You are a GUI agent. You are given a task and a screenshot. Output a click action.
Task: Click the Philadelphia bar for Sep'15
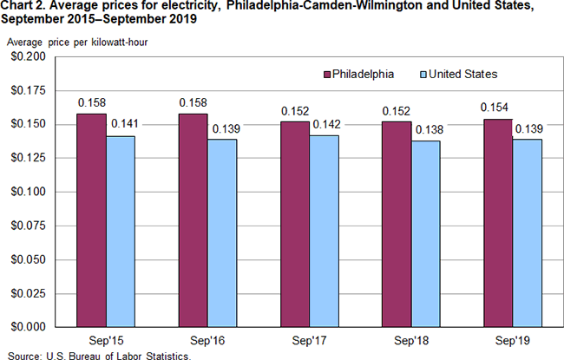[x=92, y=220]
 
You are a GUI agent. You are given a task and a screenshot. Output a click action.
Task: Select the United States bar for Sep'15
[x=121, y=232]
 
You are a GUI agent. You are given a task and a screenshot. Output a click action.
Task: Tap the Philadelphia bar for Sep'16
[x=193, y=220]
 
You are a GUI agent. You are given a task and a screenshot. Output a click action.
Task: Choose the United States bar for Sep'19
[x=526, y=232]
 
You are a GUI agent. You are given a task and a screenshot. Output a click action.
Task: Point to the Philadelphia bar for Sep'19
[x=497, y=223]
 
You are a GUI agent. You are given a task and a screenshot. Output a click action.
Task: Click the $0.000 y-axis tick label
[x=28, y=327]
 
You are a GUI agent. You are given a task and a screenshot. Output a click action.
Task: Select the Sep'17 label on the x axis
[x=309, y=342]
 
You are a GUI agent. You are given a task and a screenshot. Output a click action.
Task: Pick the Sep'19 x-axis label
[x=512, y=342]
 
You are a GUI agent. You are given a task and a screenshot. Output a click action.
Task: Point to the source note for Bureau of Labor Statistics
[x=95, y=355]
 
